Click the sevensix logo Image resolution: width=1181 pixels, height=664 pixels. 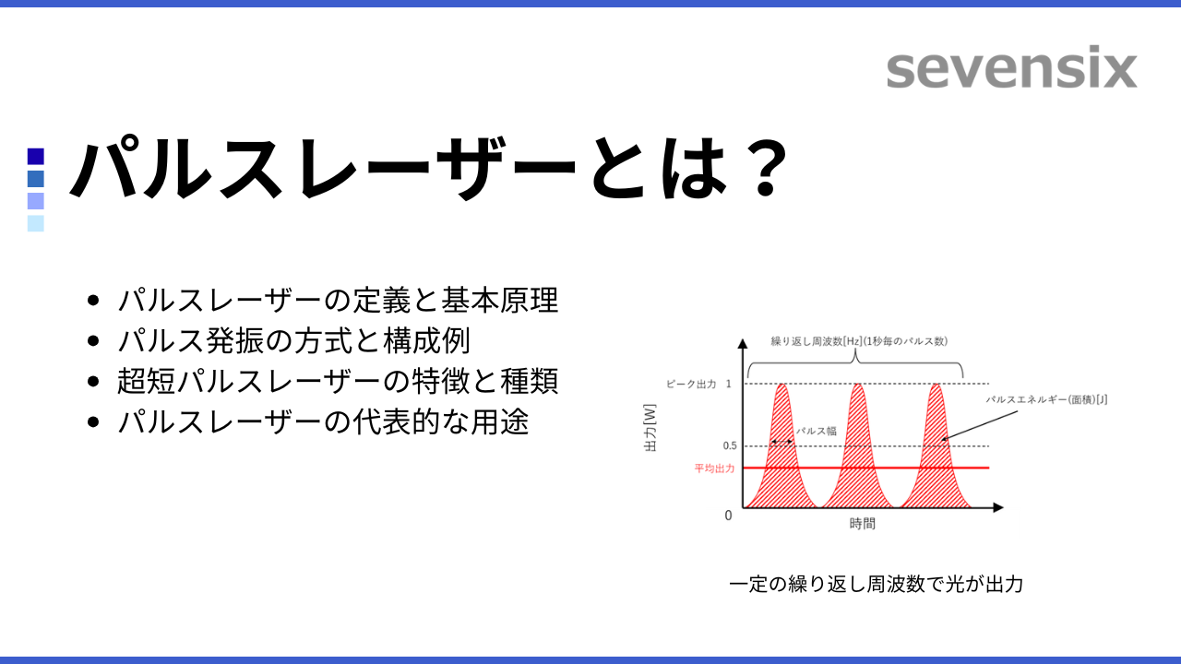[1011, 67]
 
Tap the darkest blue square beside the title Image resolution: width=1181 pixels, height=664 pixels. [36, 157]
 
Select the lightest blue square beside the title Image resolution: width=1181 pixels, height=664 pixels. [36, 223]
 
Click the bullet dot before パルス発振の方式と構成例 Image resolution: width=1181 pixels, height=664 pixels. [93, 341]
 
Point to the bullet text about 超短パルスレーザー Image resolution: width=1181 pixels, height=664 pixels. [338, 381]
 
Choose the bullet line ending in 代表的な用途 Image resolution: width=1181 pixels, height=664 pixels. [323, 421]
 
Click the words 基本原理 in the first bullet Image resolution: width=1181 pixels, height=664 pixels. [500, 301]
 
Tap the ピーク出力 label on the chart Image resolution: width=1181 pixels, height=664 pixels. [691, 385]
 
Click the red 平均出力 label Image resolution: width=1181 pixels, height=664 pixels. [714, 468]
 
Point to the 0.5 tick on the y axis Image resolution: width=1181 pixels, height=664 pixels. [730, 445]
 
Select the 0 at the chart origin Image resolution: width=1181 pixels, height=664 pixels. [728, 516]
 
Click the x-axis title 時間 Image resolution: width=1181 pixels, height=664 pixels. [863, 523]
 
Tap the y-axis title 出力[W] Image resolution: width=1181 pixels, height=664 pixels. [650, 428]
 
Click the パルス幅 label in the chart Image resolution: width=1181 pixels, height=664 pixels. [817, 431]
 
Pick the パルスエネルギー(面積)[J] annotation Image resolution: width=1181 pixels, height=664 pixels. [1046, 399]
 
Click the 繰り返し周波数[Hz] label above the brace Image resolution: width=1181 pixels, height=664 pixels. [817, 341]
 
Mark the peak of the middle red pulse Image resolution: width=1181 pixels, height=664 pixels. [858, 385]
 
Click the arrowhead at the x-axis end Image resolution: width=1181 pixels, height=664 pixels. [998, 507]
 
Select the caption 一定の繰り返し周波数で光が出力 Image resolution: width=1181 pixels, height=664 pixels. [877, 584]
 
